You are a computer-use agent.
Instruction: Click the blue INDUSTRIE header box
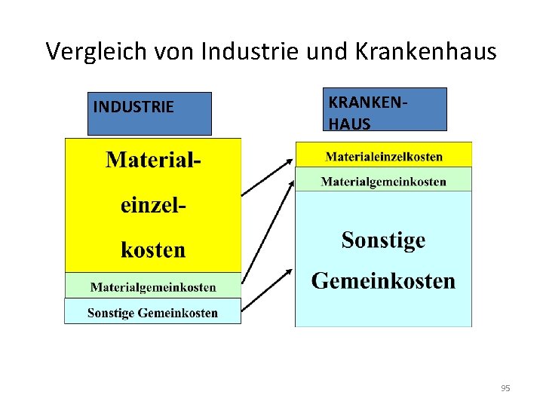(x=149, y=113)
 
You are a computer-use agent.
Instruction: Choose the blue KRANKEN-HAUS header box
(x=385, y=109)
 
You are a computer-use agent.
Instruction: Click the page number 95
(x=505, y=388)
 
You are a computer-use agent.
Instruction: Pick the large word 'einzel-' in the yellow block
(x=154, y=205)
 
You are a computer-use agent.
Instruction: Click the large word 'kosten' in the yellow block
(x=153, y=249)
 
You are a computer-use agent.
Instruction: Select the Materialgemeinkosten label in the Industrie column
(x=153, y=287)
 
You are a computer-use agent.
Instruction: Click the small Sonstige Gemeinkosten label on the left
(x=152, y=313)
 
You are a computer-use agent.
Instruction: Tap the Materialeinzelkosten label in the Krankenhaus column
(x=384, y=157)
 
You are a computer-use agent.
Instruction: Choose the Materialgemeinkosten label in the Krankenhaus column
(x=383, y=182)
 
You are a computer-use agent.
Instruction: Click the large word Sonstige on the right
(x=383, y=240)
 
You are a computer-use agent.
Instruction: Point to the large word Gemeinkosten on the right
(x=383, y=281)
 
